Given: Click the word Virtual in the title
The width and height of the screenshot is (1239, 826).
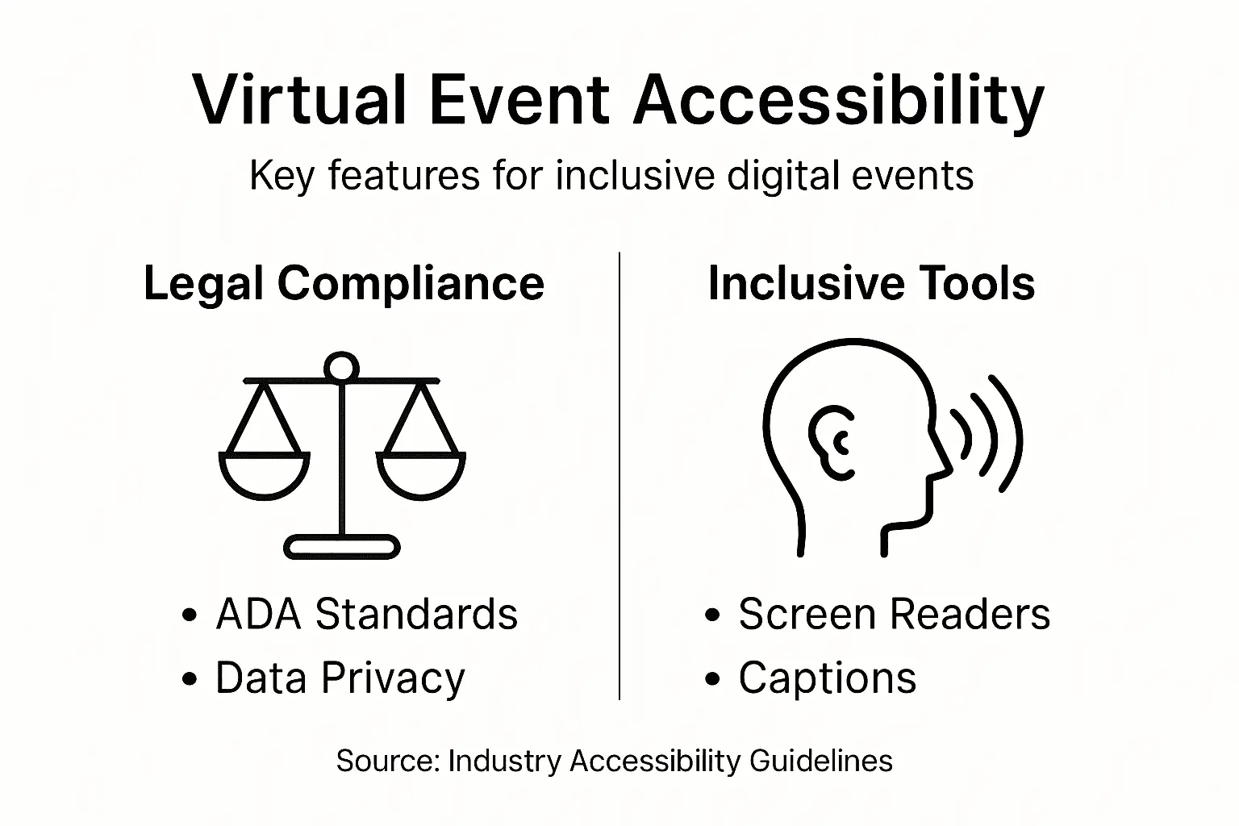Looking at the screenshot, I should pos(298,101).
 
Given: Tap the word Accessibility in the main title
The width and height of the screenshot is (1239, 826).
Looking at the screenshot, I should pos(839,101).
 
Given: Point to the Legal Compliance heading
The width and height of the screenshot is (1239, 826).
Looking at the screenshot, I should pos(344,284).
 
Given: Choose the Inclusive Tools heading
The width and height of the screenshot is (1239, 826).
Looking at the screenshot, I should pos(871,284).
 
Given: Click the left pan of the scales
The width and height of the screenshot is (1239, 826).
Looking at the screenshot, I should pos(264,476).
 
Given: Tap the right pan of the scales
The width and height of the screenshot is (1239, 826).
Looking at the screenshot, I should pos(421,476).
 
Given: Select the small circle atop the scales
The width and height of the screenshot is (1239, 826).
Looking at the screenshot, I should pos(341,368).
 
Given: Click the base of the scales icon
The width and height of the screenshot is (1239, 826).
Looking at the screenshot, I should pos(342,548).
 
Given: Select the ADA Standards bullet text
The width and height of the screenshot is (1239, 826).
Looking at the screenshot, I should pos(366,615).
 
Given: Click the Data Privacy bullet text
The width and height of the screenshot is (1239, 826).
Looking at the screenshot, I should pos(340,678).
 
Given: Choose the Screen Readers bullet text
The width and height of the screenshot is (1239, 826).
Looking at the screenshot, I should pos(894,615).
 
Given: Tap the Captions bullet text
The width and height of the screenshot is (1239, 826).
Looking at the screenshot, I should pos(828,678).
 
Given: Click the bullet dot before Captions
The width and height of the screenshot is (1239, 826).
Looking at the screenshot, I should pos(711,680).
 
